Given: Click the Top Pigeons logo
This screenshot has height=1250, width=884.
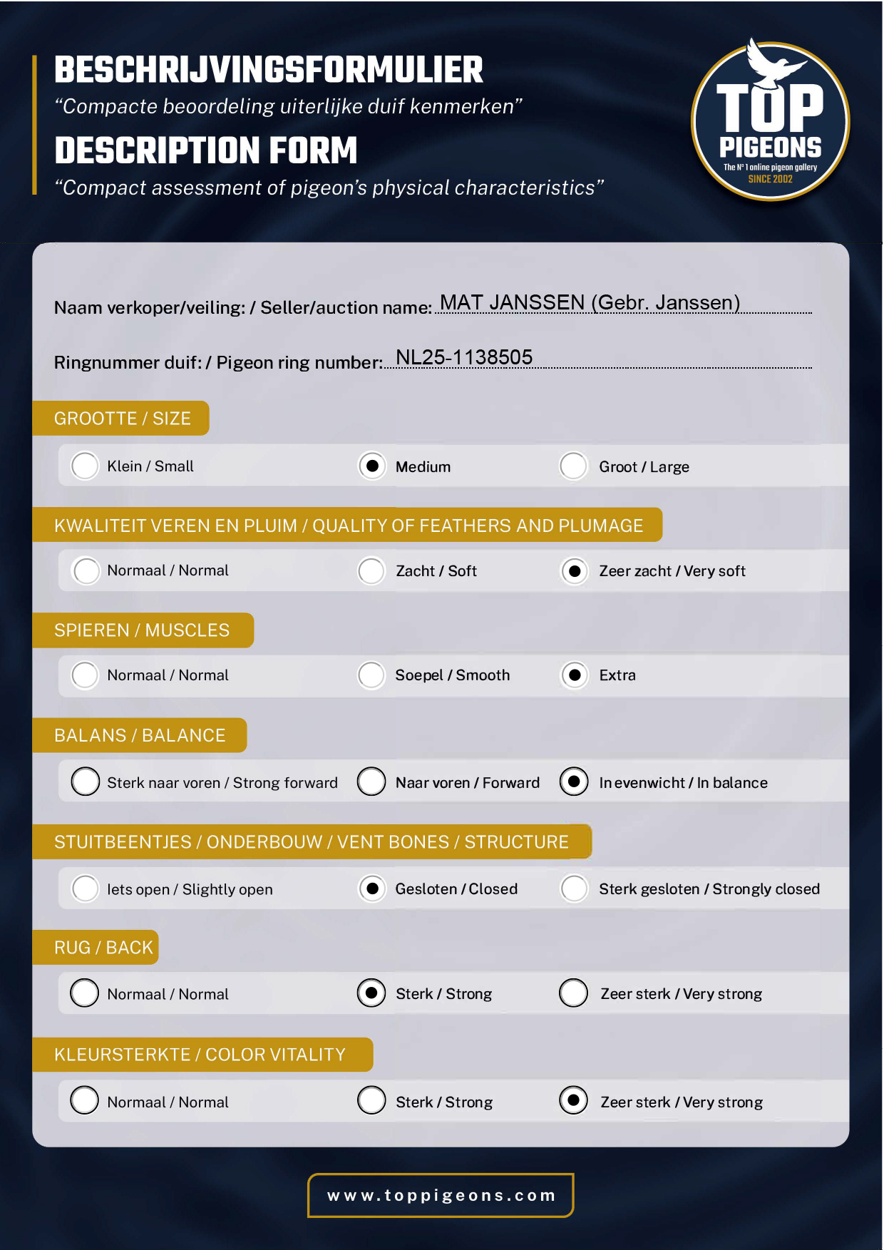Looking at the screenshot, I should [x=770, y=120].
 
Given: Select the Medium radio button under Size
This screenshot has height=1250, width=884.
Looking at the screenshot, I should [x=371, y=466].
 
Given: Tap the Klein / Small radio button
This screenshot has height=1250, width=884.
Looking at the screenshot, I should [x=85, y=466].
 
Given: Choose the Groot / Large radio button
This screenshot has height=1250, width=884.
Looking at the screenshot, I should [x=574, y=466].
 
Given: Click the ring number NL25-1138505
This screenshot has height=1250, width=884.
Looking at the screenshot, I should [x=464, y=357].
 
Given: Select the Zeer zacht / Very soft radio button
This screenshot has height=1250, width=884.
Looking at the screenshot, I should [x=574, y=571].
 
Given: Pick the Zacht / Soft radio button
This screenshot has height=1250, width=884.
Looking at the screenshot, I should [x=371, y=571].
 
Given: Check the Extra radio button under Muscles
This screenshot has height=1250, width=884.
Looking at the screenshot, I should [x=574, y=675].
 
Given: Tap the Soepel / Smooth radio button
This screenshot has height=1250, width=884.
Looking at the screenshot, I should [x=371, y=675].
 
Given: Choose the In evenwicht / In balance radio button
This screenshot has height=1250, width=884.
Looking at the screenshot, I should [x=574, y=782].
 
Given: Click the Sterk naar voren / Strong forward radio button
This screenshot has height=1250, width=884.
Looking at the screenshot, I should [x=86, y=782].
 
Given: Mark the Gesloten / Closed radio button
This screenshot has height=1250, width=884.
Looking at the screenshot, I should [x=371, y=888].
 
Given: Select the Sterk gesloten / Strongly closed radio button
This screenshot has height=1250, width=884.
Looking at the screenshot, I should [x=574, y=888].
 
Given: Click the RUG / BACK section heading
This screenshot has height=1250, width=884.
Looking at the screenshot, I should [x=103, y=948].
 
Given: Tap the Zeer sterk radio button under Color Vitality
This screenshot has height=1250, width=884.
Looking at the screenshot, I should [x=574, y=1100].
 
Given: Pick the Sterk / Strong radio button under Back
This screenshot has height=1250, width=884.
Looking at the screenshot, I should [x=371, y=993].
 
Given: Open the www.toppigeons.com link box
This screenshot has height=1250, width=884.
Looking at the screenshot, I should [x=441, y=1195].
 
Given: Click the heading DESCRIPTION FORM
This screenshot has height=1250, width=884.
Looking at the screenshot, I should [x=206, y=151].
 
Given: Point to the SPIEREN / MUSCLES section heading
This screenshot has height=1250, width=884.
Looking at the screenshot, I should [x=142, y=630].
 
